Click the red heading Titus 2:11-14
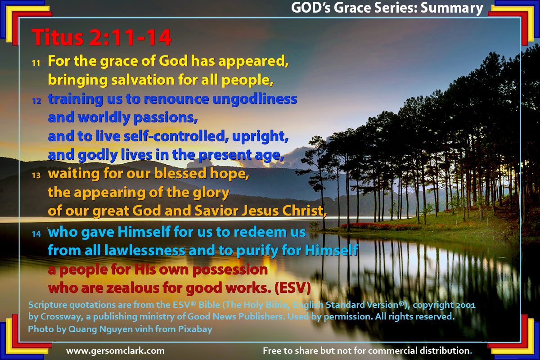click(x=101, y=37)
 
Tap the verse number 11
click(x=36, y=63)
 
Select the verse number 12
click(x=36, y=101)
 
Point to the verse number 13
click(x=36, y=175)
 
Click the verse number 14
click(x=36, y=234)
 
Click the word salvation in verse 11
click(x=143, y=80)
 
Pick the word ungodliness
click(x=255, y=99)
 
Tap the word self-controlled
click(x=176, y=136)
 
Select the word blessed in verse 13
click(x=180, y=173)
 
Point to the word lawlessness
click(x=145, y=250)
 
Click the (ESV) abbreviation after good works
click(x=292, y=288)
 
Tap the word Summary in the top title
click(x=452, y=9)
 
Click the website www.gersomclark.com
click(x=116, y=351)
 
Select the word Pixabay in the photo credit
click(x=195, y=329)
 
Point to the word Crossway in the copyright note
click(x=62, y=317)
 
